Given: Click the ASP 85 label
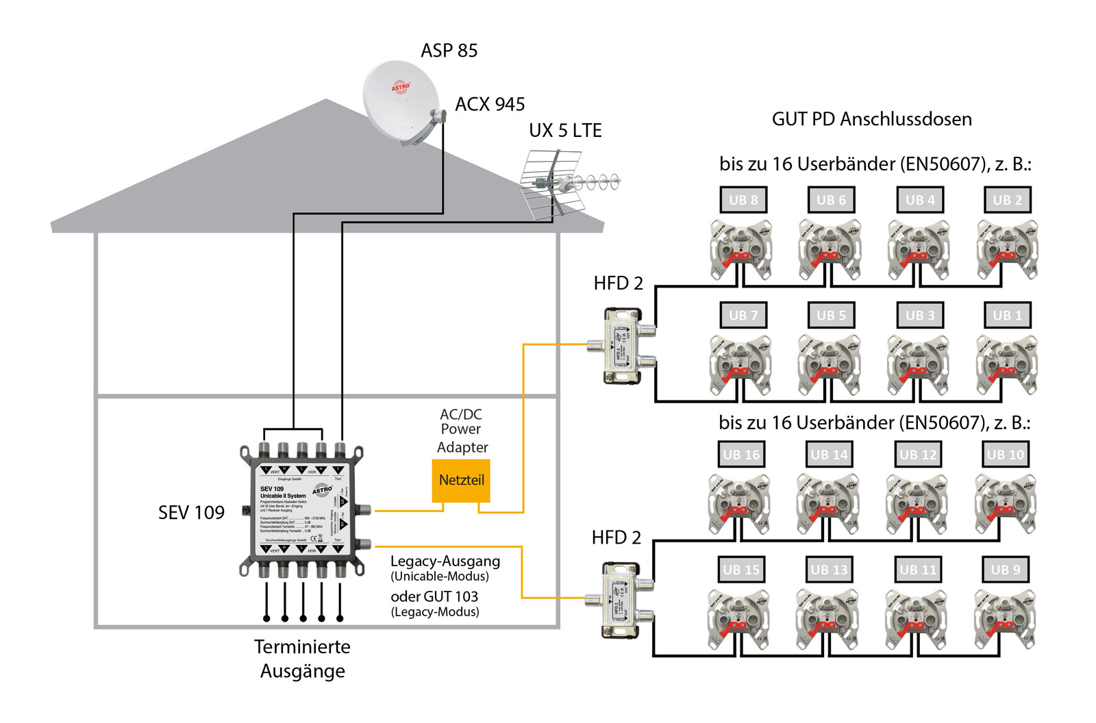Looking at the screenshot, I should (449, 51).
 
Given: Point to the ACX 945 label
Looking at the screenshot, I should (490, 104).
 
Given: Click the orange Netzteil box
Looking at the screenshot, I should (461, 480).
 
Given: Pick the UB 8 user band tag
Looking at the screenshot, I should (743, 200).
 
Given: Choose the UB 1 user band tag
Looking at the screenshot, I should (1006, 316).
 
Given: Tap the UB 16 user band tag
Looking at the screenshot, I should (741, 455).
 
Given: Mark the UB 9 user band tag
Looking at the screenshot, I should (1006, 570).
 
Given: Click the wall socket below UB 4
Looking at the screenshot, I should (918, 250).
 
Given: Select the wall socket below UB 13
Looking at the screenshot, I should (827, 620).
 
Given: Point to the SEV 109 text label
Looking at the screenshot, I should (191, 513).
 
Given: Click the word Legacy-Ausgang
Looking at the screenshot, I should (445, 561).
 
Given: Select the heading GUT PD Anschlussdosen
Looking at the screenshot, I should (871, 119).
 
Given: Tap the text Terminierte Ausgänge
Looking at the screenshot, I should (302, 659).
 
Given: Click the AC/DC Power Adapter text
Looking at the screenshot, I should (461, 430).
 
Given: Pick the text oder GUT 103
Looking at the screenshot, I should (434, 596).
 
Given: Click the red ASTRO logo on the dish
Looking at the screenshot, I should (401, 87).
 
